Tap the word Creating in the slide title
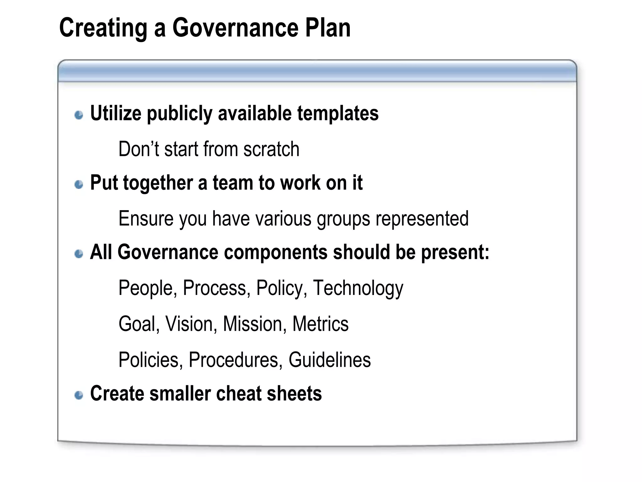(x=103, y=29)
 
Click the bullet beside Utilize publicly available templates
(x=79, y=115)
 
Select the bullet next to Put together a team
(x=79, y=184)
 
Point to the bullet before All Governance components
(x=79, y=254)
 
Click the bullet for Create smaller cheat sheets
(x=79, y=395)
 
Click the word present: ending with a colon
(x=455, y=253)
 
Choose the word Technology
(x=358, y=288)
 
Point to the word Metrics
(x=320, y=324)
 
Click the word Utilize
(x=116, y=113)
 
